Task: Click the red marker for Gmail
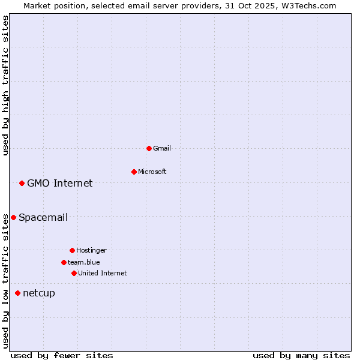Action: pyautogui.click(x=149, y=148)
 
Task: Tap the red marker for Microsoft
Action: pyautogui.click(x=134, y=172)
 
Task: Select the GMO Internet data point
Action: pyautogui.click(x=22, y=183)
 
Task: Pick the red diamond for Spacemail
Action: pyautogui.click(x=13, y=217)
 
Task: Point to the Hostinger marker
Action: pyautogui.click(x=72, y=250)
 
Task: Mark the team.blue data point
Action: pyautogui.click(x=64, y=262)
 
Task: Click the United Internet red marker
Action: pyautogui.click(x=74, y=273)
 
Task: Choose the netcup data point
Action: pyautogui.click(x=17, y=293)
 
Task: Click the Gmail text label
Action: pyautogui.click(x=162, y=148)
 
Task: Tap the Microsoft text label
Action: pyautogui.click(x=152, y=172)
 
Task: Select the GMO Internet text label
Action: pyautogui.click(x=60, y=183)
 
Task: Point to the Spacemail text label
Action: pyautogui.click(x=43, y=217)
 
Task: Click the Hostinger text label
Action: pyautogui.click(x=91, y=250)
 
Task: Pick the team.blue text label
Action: pyautogui.click(x=84, y=262)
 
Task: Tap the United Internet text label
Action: pyautogui.click(x=103, y=273)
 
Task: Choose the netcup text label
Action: pyautogui.click(x=39, y=293)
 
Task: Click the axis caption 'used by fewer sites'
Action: pyautogui.click(x=62, y=355)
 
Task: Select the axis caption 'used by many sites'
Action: pyautogui.click(x=301, y=355)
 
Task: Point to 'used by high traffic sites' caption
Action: pyautogui.click(x=6, y=85)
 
